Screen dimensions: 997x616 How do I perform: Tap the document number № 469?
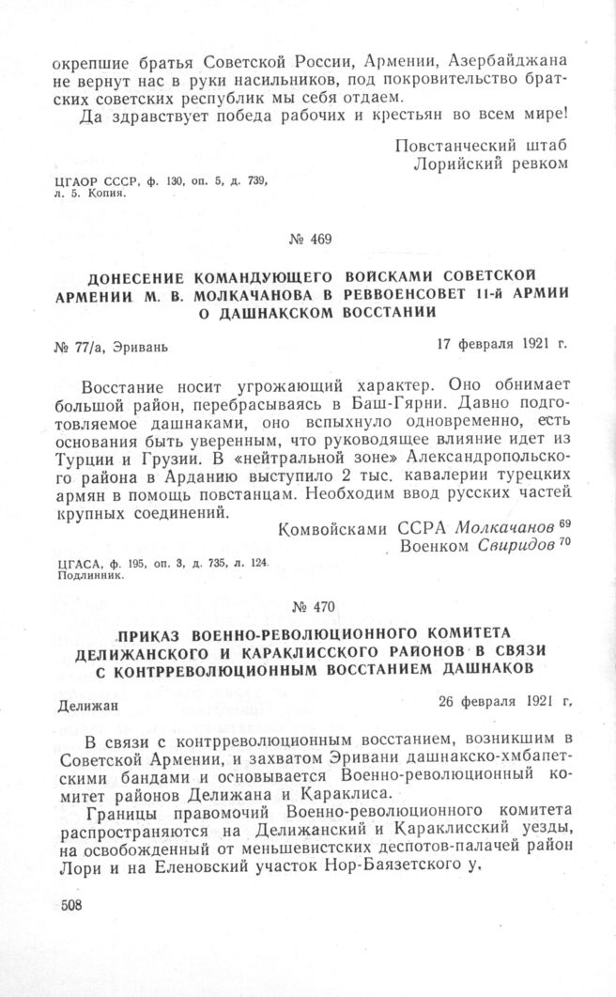tap(309, 239)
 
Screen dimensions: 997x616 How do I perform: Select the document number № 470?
tap(308, 606)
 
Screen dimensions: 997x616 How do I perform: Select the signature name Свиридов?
tap(498, 546)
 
